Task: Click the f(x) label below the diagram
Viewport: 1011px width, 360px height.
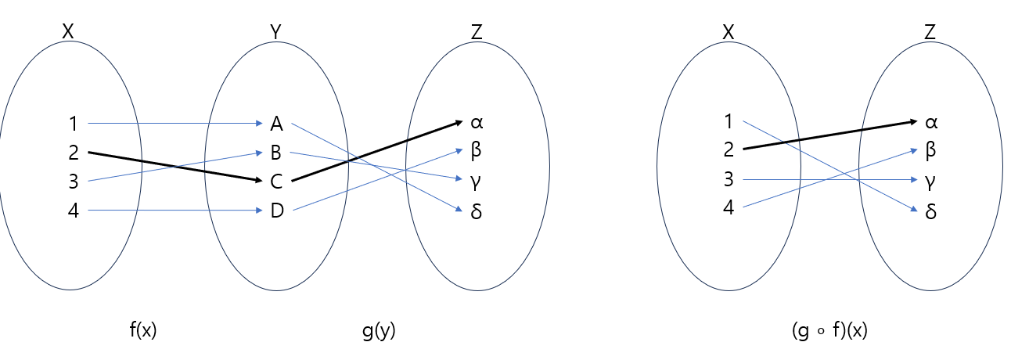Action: [x=143, y=331]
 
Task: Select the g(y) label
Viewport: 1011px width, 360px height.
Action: [x=379, y=331]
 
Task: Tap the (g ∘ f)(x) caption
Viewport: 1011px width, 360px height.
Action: [x=829, y=331]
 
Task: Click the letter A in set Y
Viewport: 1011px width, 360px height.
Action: [x=276, y=123]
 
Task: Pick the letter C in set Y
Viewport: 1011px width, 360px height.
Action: [x=276, y=182]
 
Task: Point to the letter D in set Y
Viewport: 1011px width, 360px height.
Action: [x=276, y=211]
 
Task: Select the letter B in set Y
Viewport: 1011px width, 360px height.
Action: [x=276, y=152]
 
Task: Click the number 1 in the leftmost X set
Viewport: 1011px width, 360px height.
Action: [x=74, y=123]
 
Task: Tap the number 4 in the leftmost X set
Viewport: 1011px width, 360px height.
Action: [x=74, y=211]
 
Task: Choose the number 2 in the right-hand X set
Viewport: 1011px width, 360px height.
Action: [x=729, y=149]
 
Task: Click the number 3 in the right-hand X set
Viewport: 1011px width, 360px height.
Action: [x=729, y=180]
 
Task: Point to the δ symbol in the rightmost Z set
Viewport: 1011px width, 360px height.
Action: [x=930, y=211]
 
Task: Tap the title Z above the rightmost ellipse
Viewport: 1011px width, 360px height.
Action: [x=930, y=32]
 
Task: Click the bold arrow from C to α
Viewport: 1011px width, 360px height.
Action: [x=376, y=152]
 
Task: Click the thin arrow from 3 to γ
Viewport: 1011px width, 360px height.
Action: [x=829, y=180]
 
